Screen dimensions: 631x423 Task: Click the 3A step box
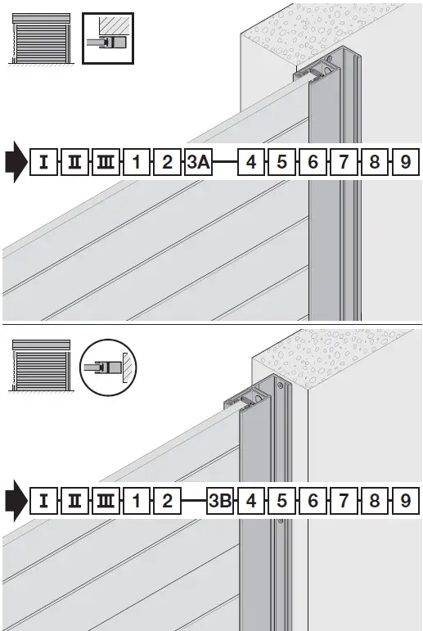[198, 162]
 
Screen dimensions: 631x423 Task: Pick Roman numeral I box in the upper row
[43, 162]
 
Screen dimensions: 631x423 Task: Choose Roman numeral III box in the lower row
[106, 499]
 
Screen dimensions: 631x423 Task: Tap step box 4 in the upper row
[250, 162]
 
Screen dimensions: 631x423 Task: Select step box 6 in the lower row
[313, 499]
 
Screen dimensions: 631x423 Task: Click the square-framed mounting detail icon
[108, 38]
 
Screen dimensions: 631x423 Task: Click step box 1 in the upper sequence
[137, 162]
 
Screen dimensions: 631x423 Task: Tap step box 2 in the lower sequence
[167, 499]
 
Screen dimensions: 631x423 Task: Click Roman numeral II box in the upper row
[74, 162]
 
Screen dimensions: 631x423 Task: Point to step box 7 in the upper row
[344, 162]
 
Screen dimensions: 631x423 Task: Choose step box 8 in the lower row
[375, 499]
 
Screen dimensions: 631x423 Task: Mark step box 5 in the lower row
[281, 499]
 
